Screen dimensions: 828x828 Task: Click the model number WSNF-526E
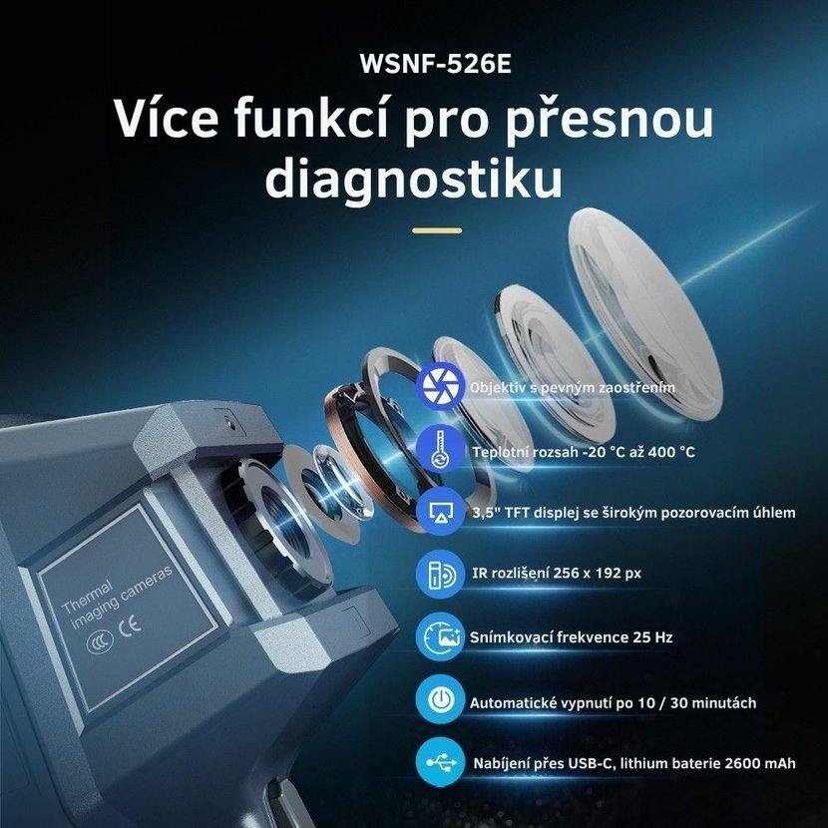(x=436, y=64)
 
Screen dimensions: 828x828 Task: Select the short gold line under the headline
(x=437, y=230)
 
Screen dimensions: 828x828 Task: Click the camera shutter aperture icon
(x=440, y=386)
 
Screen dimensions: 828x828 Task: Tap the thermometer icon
(x=440, y=449)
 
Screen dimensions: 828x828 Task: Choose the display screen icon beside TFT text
(x=440, y=511)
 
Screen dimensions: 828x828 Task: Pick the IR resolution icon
(x=440, y=574)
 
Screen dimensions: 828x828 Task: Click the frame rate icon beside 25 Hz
(x=440, y=636)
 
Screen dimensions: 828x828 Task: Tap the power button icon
(x=440, y=700)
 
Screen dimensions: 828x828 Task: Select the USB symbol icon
(x=440, y=762)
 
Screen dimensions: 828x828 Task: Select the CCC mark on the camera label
(x=100, y=641)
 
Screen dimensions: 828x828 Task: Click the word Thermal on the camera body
(x=87, y=597)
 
